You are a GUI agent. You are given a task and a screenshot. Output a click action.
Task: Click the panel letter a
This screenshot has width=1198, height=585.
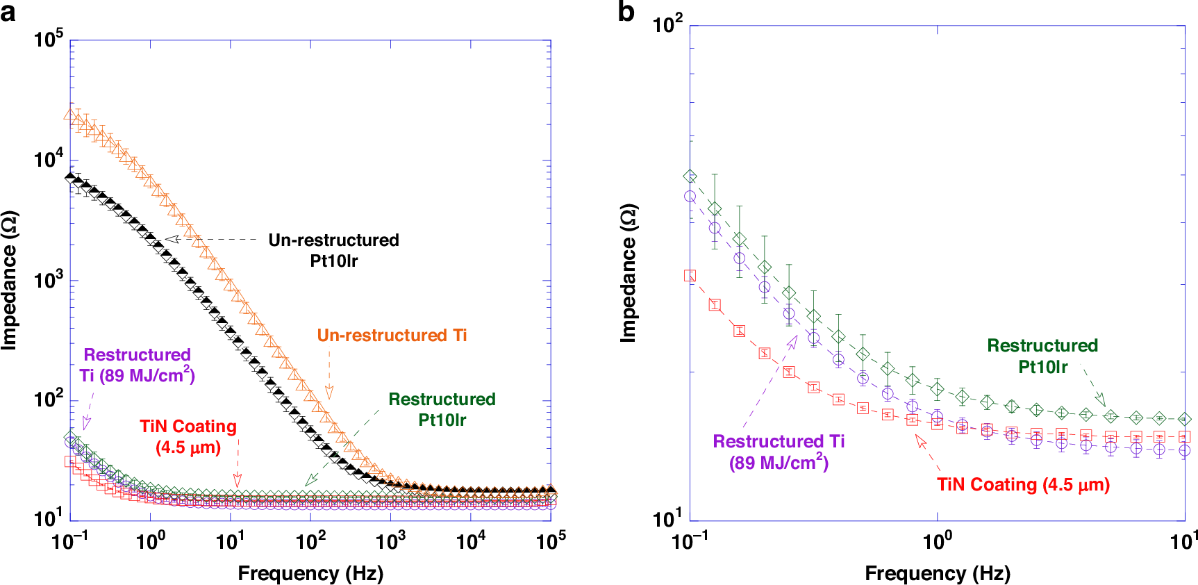click(x=8, y=13)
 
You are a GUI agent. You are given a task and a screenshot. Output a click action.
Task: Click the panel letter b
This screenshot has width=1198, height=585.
click(x=626, y=13)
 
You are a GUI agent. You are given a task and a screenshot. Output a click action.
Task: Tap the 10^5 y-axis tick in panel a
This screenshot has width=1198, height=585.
click(x=49, y=40)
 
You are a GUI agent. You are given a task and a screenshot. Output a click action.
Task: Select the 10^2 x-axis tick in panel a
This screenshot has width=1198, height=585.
click(x=310, y=541)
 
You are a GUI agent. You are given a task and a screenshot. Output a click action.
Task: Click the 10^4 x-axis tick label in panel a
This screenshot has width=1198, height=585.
click(x=471, y=541)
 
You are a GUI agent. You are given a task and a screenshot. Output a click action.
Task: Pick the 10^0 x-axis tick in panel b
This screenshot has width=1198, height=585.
click(x=938, y=541)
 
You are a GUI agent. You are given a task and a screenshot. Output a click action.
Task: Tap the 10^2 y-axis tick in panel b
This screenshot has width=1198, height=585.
click(x=667, y=25)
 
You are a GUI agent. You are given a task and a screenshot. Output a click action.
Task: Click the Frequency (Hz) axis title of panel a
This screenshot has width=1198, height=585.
click(x=310, y=573)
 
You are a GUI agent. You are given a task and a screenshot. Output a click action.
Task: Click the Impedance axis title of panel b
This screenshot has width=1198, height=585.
click(x=628, y=272)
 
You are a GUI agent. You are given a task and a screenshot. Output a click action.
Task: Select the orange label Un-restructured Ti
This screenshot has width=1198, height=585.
click(x=392, y=336)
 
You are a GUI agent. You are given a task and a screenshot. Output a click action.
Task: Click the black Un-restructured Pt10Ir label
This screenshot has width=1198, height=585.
click(x=333, y=250)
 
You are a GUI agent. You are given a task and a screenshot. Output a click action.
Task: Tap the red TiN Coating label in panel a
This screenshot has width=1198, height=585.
click(x=188, y=436)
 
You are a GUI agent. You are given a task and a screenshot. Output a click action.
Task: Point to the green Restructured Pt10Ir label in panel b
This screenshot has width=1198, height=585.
click(x=1042, y=356)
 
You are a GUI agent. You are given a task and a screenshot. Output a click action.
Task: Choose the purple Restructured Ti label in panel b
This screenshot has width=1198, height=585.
click(x=779, y=452)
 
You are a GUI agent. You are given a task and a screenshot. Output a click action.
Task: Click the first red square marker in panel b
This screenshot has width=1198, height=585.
click(x=690, y=276)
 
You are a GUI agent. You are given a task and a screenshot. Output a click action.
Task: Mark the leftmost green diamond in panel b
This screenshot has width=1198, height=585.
click(x=690, y=176)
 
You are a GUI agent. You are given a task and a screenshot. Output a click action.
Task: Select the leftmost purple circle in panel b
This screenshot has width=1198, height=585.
click(x=690, y=197)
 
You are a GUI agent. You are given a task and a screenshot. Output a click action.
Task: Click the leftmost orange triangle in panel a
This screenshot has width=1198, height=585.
click(x=69, y=115)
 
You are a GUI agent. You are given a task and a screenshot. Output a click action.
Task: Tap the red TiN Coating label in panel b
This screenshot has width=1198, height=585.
click(x=1023, y=484)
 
